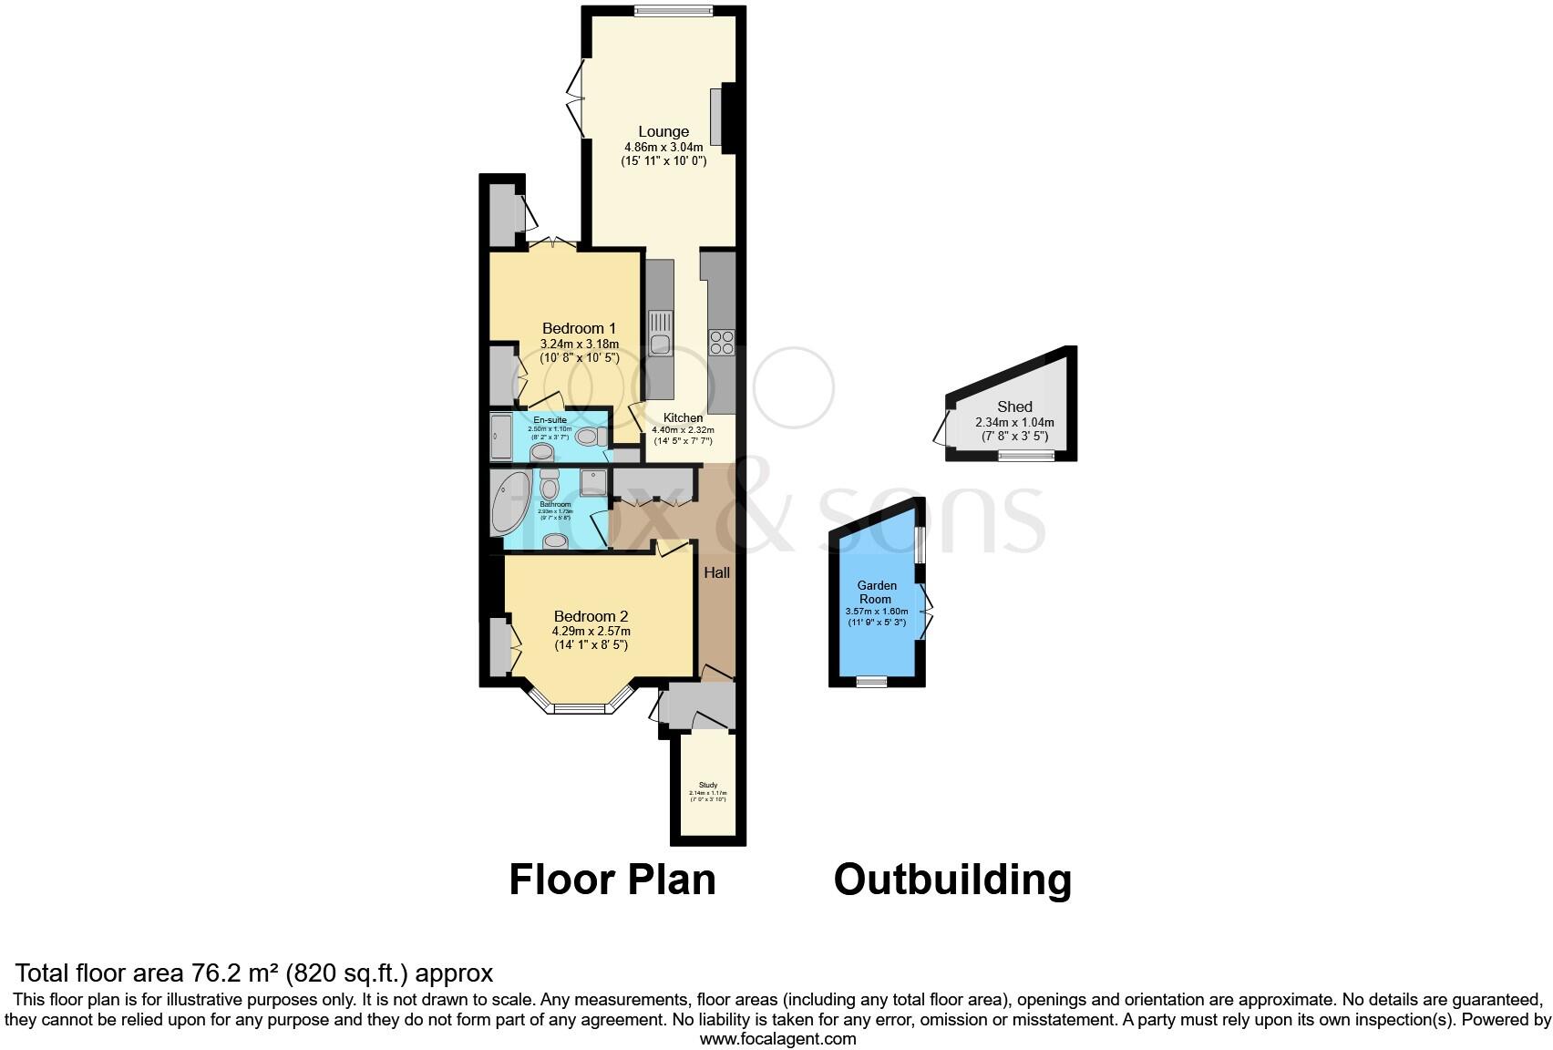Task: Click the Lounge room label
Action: coord(663,131)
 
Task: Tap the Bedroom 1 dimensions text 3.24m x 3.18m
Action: coord(579,345)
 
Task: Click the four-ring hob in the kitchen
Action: coord(722,342)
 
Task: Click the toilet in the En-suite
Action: coord(590,437)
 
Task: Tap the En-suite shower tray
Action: coord(501,437)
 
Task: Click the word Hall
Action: coord(716,573)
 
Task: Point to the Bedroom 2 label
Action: coord(591,616)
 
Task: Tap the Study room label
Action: coord(708,785)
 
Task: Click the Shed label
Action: coord(1014,407)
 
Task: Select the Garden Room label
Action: coord(876,592)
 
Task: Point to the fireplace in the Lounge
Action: coord(717,116)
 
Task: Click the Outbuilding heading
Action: coord(952,880)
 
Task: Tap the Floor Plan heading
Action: coord(612,880)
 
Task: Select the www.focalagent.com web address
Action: coord(777,1038)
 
